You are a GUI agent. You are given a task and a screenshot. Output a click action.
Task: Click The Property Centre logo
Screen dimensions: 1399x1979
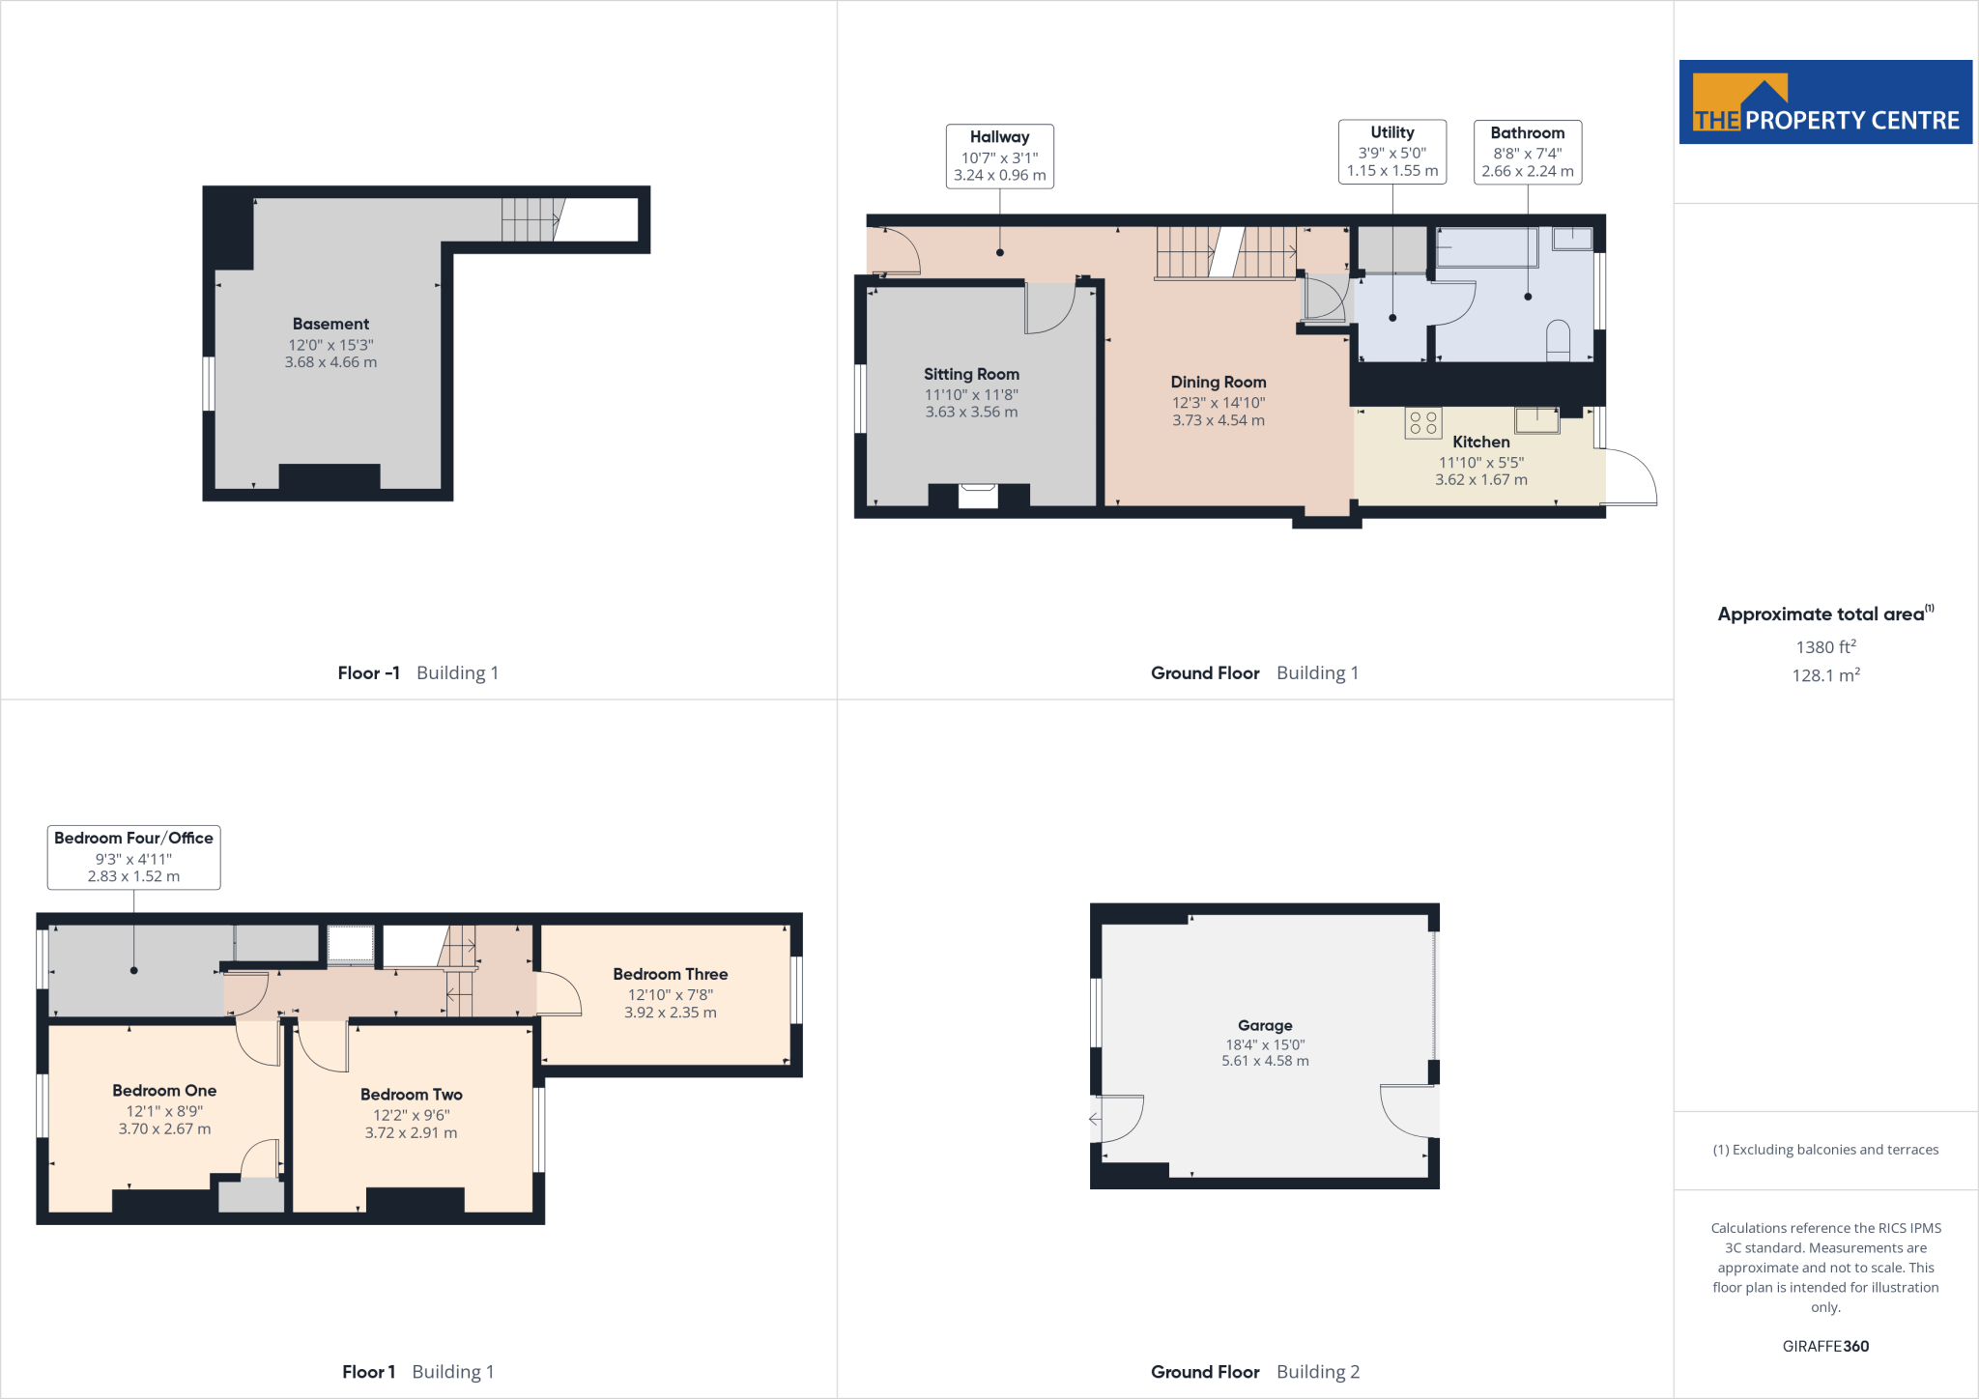tap(1824, 102)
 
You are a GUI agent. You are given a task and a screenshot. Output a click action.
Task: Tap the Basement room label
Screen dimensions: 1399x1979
tap(330, 325)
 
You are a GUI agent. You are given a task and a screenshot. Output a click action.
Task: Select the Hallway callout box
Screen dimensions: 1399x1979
tap(999, 156)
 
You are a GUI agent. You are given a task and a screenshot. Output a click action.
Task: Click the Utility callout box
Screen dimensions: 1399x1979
tap(1391, 152)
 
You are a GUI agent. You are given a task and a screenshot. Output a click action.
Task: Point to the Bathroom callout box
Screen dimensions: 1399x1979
tap(1527, 152)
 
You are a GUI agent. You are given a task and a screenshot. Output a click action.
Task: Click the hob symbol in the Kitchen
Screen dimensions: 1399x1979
tap(1422, 423)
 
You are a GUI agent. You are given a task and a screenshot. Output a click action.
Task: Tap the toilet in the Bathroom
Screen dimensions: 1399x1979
tap(1558, 341)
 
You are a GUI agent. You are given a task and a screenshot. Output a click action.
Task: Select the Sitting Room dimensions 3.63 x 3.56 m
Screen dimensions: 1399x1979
tap(971, 413)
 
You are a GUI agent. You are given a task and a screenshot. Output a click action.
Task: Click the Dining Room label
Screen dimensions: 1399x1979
tap(1218, 383)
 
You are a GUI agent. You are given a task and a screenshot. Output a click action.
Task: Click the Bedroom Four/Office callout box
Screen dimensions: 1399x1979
tap(133, 857)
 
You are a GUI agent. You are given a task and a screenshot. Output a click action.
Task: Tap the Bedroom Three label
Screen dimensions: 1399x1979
tap(670, 975)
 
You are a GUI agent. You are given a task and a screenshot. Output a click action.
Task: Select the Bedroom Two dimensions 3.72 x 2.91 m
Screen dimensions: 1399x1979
tap(411, 1133)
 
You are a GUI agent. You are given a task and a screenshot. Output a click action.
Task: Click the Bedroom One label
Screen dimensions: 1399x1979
tap(164, 1091)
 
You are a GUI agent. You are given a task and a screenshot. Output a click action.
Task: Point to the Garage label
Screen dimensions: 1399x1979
tap(1264, 1026)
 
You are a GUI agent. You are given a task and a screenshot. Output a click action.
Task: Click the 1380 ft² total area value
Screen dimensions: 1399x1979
tap(1824, 647)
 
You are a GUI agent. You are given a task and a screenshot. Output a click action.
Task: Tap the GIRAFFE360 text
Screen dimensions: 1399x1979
tap(1824, 1347)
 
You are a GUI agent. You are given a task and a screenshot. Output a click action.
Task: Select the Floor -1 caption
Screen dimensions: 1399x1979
tap(368, 673)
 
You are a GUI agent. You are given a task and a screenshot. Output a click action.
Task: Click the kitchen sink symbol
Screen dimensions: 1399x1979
tap(1536, 419)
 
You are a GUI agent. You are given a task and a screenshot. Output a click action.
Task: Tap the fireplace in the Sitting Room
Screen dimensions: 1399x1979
tap(978, 496)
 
